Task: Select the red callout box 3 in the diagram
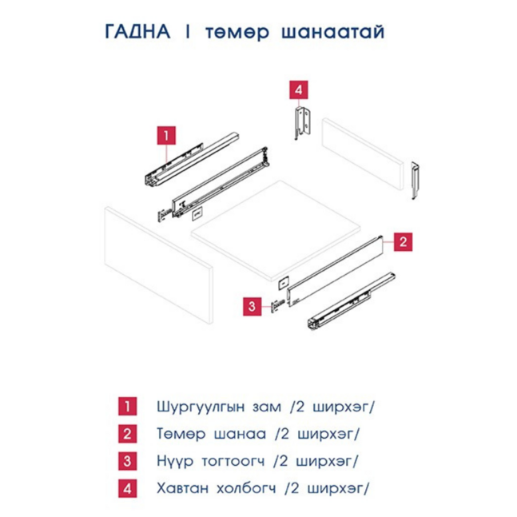pyautogui.click(x=252, y=305)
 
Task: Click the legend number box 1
pyautogui.click(x=126, y=406)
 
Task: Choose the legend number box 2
pyautogui.click(x=126, y=433)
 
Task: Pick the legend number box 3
pyautogui.click(x=126, y=460)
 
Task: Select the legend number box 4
pyautogui.click(x=126, y=487)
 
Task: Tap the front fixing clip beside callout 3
pyautogui.click(x=276, y=304)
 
